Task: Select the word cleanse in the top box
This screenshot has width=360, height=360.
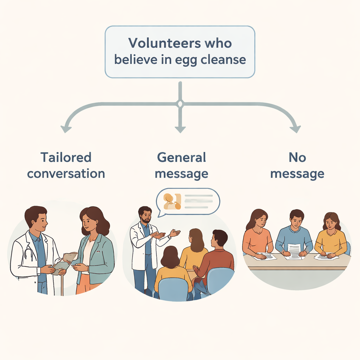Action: tap(223, 59)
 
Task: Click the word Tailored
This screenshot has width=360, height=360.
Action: tap(66, 157)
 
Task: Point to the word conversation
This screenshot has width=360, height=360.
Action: tap(66, 174)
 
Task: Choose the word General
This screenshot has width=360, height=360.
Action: tap(181, 157)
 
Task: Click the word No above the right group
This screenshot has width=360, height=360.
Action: tap(297, 157)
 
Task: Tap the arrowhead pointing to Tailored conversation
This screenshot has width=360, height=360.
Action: tap(65, 129)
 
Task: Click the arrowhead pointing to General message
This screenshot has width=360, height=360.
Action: tap(180, 129)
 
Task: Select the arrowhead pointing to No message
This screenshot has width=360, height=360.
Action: tap(295, 129)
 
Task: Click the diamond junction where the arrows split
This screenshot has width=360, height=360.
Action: tap(180, 104)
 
